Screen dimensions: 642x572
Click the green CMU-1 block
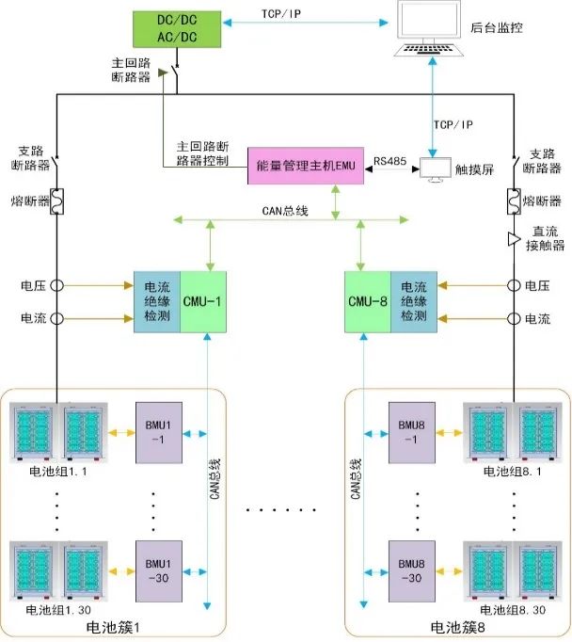(204, 302)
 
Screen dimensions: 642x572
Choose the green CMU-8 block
(368, 302)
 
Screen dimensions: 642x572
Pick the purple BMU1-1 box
(155, 431)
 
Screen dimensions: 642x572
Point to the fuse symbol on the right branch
(515, 201)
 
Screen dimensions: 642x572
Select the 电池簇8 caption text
(458, 628)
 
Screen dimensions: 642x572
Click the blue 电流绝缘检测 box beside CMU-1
(156, 302)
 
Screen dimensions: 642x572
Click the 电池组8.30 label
(513, 611)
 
